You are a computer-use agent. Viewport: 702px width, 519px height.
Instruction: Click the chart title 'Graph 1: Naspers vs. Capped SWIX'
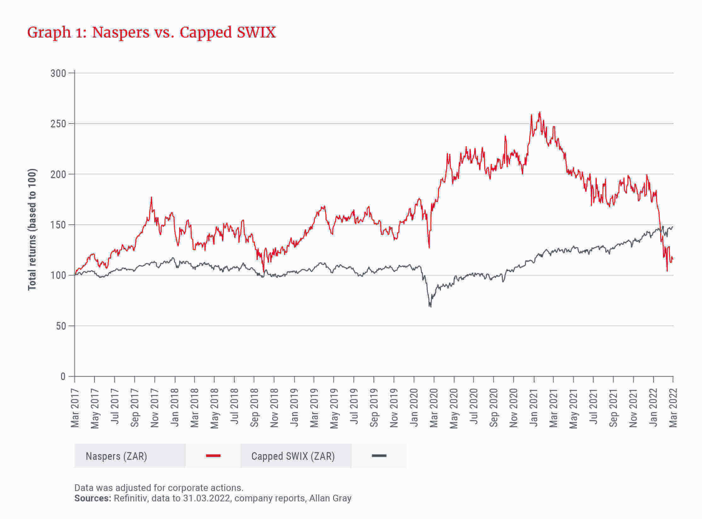151,33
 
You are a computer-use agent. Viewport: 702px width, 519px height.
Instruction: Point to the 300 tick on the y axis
58,73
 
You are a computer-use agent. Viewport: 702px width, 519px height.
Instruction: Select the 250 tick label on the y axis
58,124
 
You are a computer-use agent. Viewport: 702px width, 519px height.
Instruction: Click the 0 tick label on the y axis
63,377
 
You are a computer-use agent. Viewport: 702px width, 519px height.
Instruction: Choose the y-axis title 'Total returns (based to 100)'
32,230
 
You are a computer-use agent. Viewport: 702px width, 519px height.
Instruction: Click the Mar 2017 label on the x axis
75,408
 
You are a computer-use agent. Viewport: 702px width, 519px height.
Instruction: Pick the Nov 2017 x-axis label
155,408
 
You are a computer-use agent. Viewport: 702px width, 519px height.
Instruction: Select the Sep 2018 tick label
254,408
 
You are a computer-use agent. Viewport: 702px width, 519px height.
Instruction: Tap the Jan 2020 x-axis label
414,408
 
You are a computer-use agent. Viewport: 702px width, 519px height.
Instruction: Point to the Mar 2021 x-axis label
553,408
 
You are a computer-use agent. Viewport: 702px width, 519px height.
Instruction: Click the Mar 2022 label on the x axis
673,408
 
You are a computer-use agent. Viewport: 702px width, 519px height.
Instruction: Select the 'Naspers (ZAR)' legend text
117,456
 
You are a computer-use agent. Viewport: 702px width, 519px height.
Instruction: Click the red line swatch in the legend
213,456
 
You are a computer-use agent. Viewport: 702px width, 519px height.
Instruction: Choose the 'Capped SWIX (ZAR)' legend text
293,456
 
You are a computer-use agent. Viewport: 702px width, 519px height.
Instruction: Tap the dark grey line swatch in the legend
379,456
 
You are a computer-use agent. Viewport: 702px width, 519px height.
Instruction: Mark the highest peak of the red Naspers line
540,112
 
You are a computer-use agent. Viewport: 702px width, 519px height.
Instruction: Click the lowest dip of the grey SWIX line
430,306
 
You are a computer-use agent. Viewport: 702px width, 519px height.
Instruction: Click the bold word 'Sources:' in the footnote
93,498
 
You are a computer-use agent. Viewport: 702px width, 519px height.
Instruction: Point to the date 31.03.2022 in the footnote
207,498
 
